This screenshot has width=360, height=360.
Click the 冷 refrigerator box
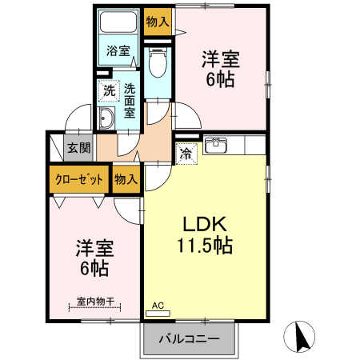pyautogui.click(x=186, y=151)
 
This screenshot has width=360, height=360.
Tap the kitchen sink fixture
pyautogui.click(x=217, y=146)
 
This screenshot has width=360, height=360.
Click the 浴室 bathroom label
pyautogui.click(x=118, y=50)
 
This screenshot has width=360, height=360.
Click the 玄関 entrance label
pyautogui.click(x=78, y=147)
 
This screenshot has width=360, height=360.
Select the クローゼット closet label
pyautogui.click(x=78, y=179)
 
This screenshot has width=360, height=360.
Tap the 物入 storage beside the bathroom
pyautogui.click(x=157, y=22)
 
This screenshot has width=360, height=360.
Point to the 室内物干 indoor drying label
pyautogui.click(x=95, y=302)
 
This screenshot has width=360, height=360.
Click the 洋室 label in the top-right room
pyautogui.click(x=221, y=58)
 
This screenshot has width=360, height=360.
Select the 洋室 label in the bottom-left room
pyautogui.click(x=94, y=247)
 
